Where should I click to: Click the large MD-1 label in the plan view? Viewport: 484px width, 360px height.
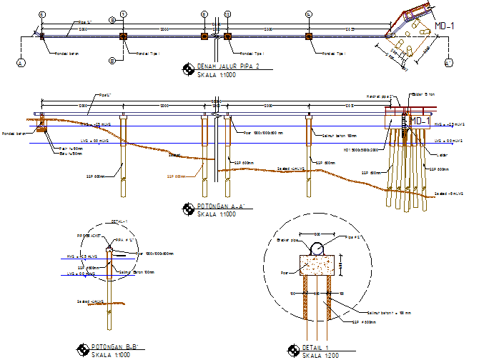coord(448,26)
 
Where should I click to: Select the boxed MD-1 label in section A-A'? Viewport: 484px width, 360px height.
coord(419,121)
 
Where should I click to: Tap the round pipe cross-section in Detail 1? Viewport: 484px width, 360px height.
coord(317,249)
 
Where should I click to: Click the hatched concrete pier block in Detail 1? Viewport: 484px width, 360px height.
coord(317,266)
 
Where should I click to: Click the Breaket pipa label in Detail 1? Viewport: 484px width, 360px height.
coord(287,240)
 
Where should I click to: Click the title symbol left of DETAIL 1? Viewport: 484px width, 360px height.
coord(292,350)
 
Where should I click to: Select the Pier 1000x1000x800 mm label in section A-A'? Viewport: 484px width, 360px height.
coord(263,133)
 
